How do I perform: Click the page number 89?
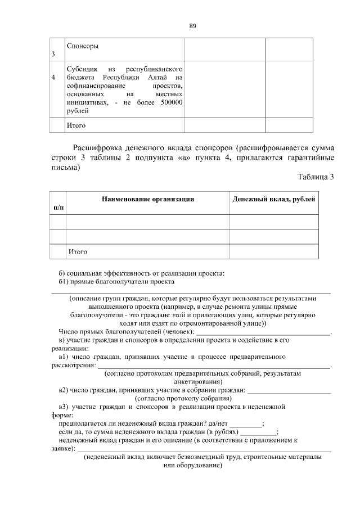[192, 26]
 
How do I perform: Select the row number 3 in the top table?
[53, 55]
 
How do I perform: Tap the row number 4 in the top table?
[53, 77]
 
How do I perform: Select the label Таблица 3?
[316, 177]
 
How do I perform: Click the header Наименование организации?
[147, 199]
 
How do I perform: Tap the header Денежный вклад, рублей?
[273, 199]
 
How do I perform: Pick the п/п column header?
[58, 208]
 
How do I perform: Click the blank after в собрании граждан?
[289, 389]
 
